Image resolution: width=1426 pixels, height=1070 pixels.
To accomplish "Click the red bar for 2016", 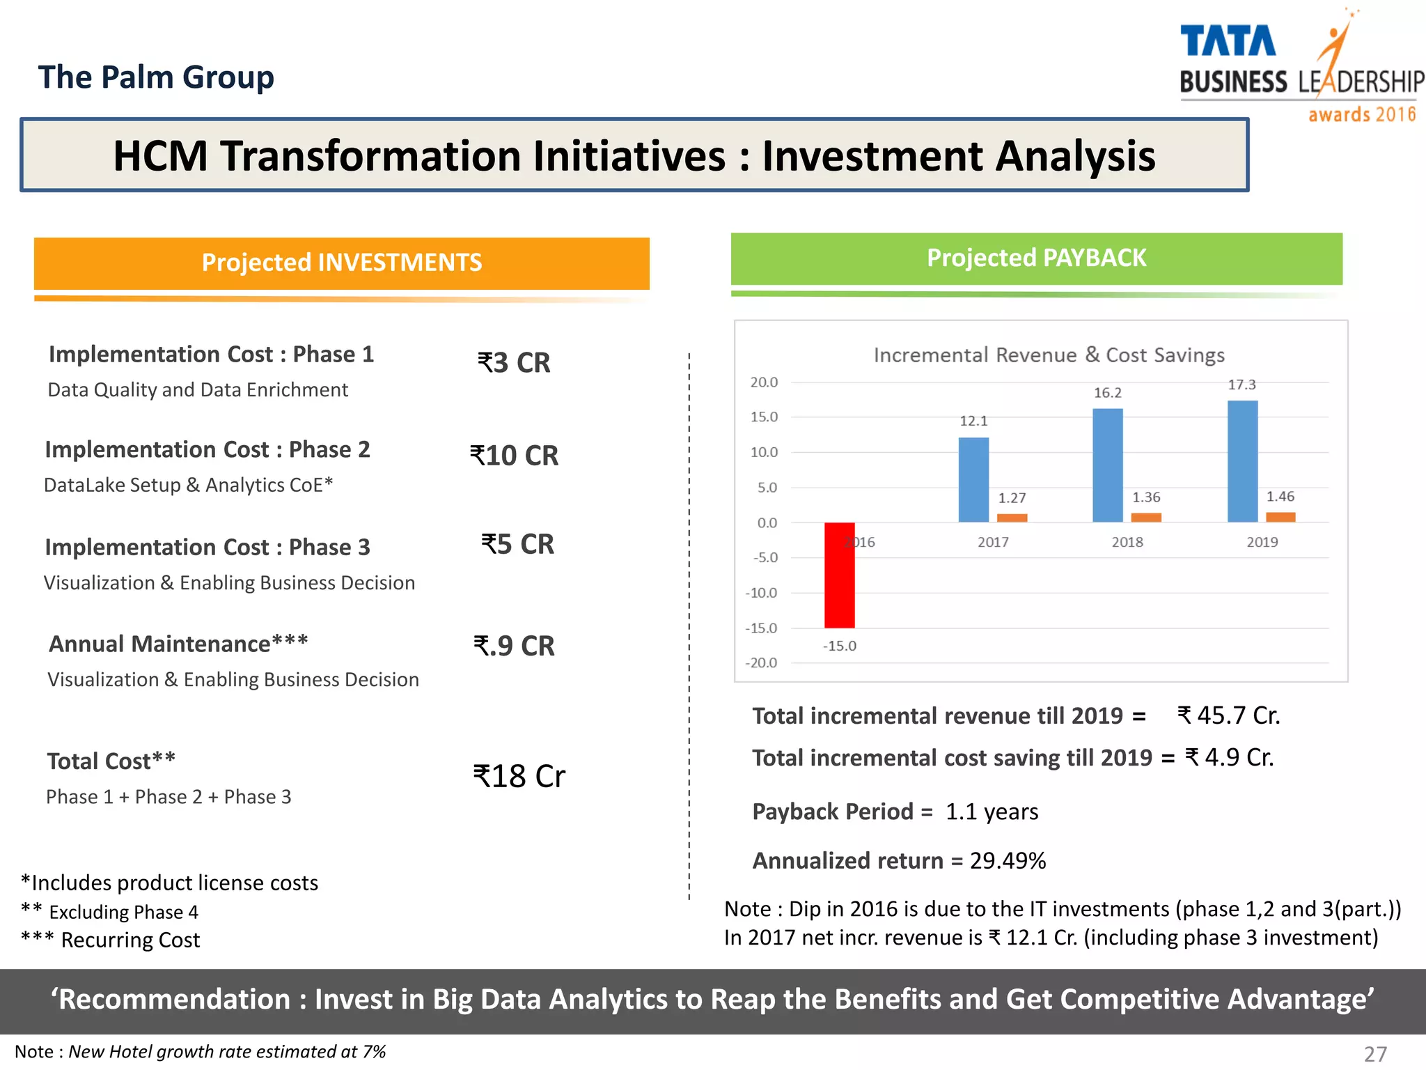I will pyautogui.click(x=839, y=575).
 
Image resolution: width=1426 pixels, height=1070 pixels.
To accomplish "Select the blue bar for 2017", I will pyautogui.click(x=973, y=480).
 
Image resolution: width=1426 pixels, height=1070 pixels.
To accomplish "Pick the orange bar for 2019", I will pyautogui.click(x=1280, y=517).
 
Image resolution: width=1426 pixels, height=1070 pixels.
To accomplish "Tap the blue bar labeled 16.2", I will pyautogui.click(x=1108, y=465).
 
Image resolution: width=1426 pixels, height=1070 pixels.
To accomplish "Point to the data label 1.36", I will pyautogui.click(x=1146, y=497).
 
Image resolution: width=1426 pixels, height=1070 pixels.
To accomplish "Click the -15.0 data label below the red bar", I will pyautogui.click(x=840, y=646).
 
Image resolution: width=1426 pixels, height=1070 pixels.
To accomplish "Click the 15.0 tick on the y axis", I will pyautogui.click(x=764, y=417).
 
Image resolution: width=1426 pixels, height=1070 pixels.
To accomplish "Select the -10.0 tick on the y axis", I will pyautogui.click(x=762, y=593).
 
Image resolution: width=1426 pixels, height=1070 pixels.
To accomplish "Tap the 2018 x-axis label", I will pyautogui.click(x=1127, y=542).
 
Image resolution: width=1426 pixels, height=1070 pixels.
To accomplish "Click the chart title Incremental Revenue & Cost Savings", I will pyautogui.click(x=1049, y=355).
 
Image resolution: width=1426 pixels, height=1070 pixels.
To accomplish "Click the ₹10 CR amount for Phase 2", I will pyautogui.click(x=514, y=456).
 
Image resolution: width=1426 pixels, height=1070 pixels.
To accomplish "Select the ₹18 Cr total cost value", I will pyautogui.click(x=519, y=776).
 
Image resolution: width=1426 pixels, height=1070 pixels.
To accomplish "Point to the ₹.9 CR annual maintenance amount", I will pyautogui.click(x=514, y=646).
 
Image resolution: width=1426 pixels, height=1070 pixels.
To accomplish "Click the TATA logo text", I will pyautogui.click(x=1228, y=42).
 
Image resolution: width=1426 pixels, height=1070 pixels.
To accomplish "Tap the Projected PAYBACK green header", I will pyautogui.click(x=1036, y=258).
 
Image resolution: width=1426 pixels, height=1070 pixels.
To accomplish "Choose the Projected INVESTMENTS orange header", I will pyautogui.click(x=341, y=263).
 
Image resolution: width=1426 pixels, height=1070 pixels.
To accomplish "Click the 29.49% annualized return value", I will pyautogui.click(x=1008, y=861).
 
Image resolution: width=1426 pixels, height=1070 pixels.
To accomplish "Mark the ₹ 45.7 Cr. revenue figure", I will pyautogui.click(x=1228, y=715).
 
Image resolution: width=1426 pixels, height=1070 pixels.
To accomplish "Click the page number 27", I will pyautogui.click(x=1375, y=1054).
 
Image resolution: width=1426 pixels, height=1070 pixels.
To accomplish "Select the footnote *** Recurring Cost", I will pyautogui.click(x=111, y=940).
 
